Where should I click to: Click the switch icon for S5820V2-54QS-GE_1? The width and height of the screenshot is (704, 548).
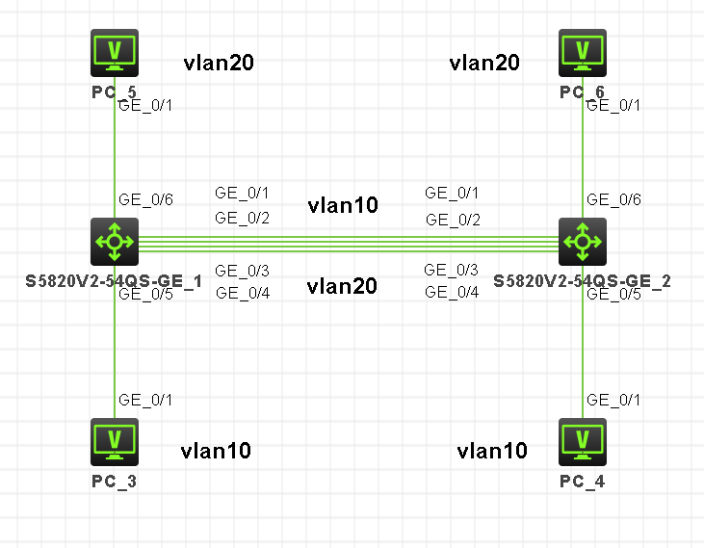[115, 241]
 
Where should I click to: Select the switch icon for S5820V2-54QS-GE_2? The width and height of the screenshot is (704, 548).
[583, 241]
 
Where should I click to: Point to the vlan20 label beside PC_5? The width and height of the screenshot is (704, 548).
[219, 64]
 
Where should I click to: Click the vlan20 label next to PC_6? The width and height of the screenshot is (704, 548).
[484, 64]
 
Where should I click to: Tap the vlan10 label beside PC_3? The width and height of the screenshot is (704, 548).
[216, 451]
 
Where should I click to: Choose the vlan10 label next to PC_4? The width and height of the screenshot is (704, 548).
[492, 451]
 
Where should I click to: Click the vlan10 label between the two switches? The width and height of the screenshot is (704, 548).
[343, 205]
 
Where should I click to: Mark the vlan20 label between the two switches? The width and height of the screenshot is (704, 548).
[342, 286]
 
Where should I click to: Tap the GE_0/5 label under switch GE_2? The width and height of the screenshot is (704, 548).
[613, 295]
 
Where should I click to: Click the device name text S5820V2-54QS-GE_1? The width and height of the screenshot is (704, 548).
[115, 281]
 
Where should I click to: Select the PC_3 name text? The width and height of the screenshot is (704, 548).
[115, 481]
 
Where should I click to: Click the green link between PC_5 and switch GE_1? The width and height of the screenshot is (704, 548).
[115, 154]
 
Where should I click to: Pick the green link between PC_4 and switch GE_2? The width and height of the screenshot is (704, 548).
[583, 347]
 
